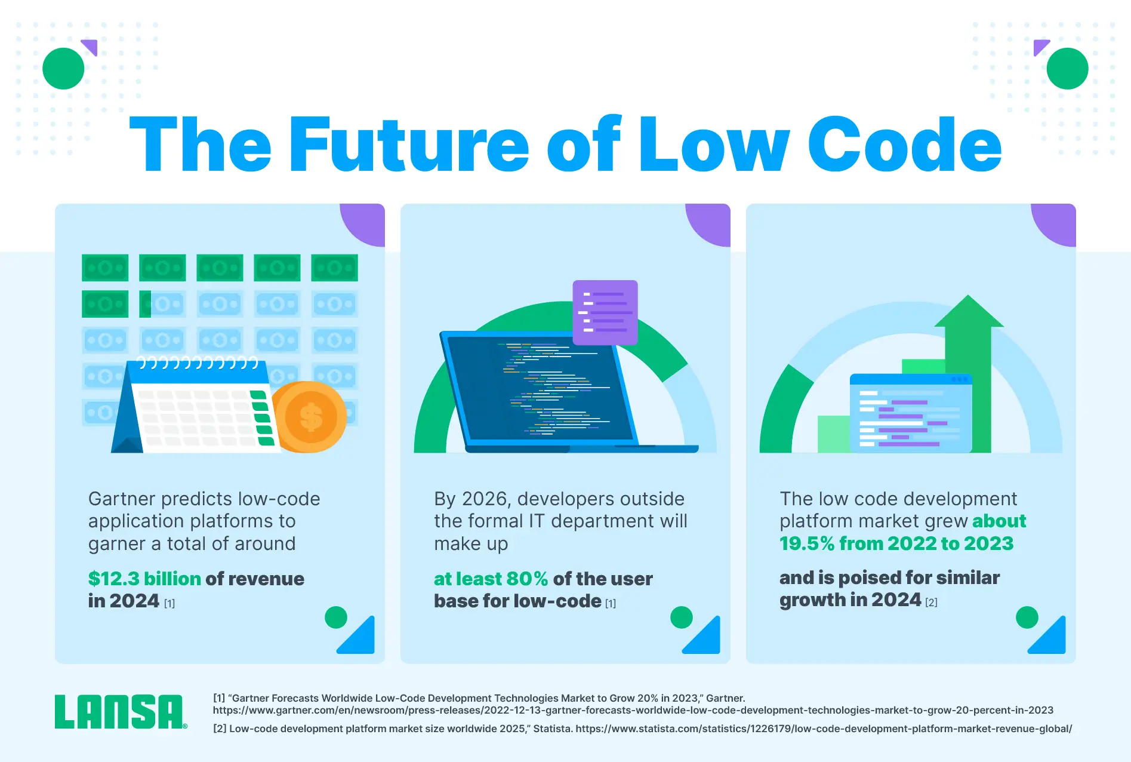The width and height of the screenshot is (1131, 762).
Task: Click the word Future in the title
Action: coord(409,145)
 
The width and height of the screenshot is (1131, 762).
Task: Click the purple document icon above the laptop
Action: coord(605,312)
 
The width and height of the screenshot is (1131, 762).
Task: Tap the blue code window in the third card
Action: coord(911,413)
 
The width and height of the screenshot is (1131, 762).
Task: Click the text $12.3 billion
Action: coord(144,579)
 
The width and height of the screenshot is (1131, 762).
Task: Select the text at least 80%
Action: coord(491,579)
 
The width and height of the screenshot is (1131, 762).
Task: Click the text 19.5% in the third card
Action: coord(807,543)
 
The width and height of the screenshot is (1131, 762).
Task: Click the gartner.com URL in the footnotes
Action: coord(633,710)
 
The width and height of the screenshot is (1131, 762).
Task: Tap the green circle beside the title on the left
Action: coord(63,69)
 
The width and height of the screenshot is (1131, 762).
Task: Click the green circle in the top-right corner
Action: coord(1067,69)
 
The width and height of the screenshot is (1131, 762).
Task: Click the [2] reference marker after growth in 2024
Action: coord(931,603)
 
